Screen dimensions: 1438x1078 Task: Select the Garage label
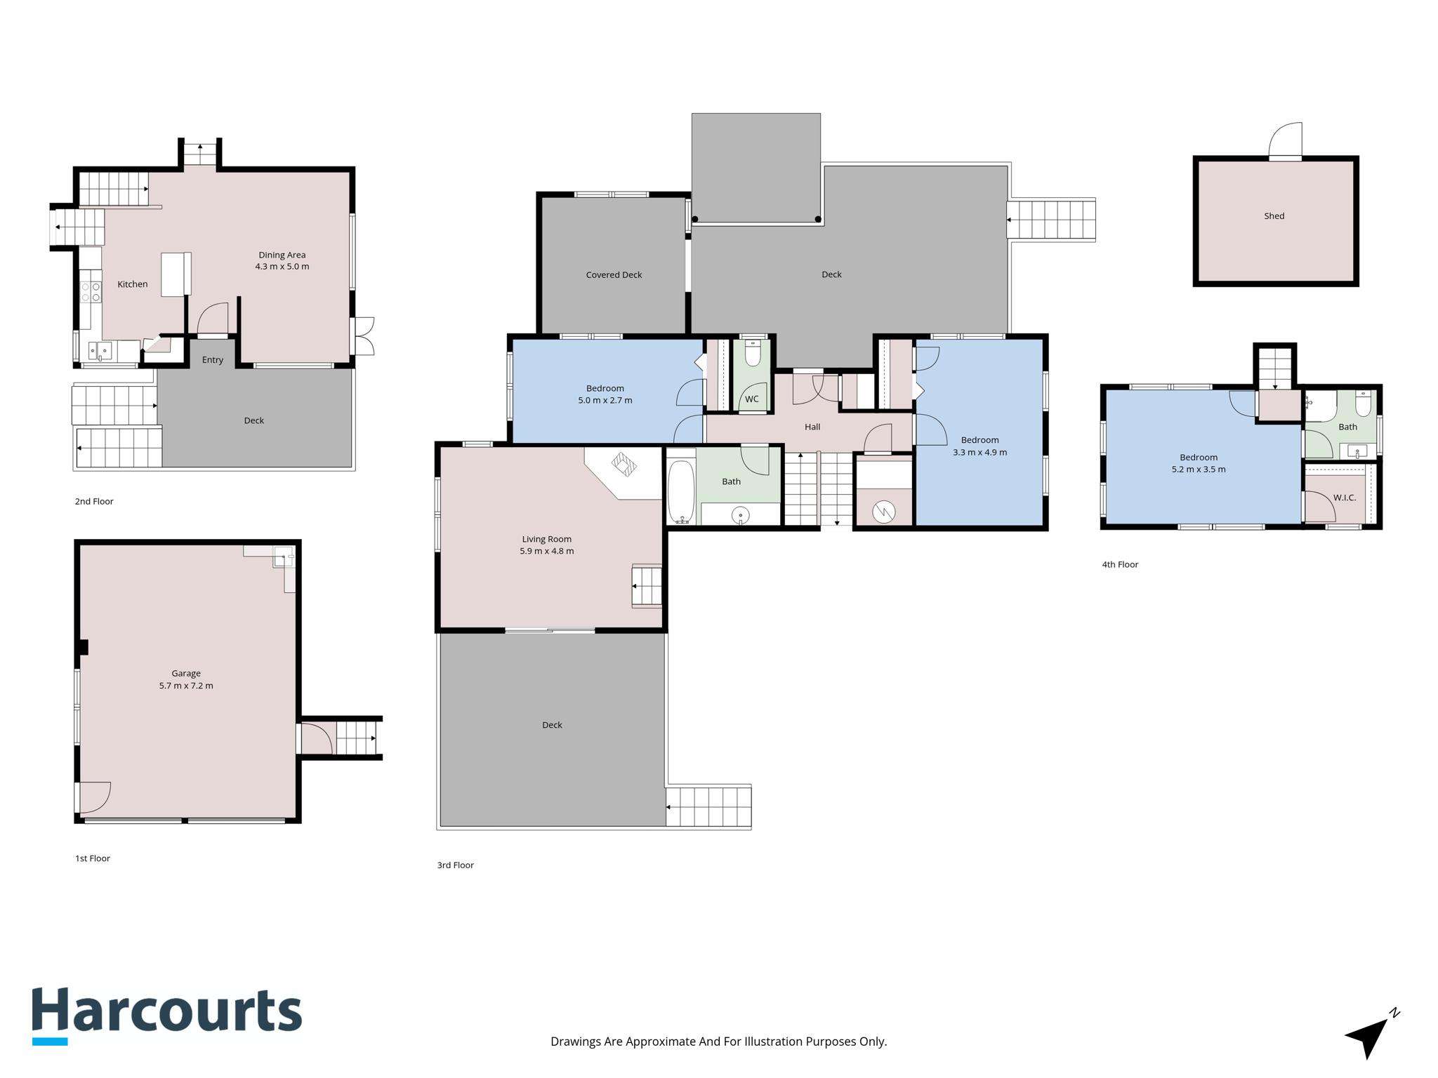coord(186,673)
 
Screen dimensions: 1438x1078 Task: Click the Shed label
coord(1274,216)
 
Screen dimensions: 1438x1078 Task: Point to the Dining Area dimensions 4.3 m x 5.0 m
coord(282,267)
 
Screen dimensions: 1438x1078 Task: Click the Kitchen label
coord(133,284)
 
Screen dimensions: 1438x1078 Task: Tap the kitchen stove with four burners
coord(91,291)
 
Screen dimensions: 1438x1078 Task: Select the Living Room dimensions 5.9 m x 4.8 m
coord(547,551)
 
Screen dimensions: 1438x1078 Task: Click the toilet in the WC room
coord(752,353)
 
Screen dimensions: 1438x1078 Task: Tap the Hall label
coord(812,427)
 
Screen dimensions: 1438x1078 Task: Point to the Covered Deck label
coord(614,274)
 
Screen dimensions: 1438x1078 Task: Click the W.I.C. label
coord(1345,498)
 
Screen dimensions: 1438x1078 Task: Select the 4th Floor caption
coord(1120,564)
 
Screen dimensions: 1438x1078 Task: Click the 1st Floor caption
coord(93,858)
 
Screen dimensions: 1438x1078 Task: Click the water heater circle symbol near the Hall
coord(884,512)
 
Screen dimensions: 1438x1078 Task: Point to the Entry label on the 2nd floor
coord(213,360)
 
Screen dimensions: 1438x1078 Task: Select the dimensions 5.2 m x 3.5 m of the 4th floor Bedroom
coord(1199,470)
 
